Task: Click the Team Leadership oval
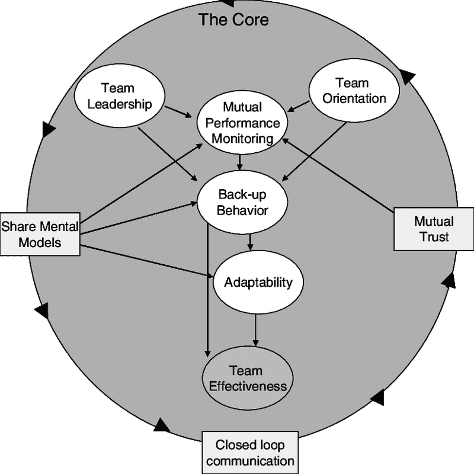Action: click(119, 97)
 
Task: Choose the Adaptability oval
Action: click(258, 282)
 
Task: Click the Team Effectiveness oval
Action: click(245, 379)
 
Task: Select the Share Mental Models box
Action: click(40, 234)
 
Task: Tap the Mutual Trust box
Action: click(434, 229)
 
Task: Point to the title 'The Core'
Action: click(233, 20)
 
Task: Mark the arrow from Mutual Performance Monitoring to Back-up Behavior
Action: click(239, 162)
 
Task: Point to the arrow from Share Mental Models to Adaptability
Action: click(148, 261)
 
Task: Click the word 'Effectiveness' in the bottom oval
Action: click(246, 387)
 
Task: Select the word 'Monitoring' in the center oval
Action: click(242, 139)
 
